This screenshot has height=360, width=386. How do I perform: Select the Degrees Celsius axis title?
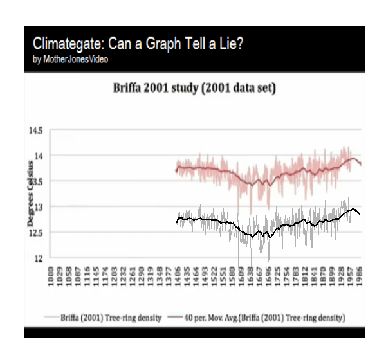pyautogui.click(x=30, y=193)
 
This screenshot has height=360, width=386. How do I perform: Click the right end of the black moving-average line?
pyautogui.click(x=359, y=214)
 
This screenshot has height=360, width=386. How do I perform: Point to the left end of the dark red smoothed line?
pyautogui.click(x=176, y=170)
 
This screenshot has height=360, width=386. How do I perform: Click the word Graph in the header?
pyautogui.click(x=169, y=44)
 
